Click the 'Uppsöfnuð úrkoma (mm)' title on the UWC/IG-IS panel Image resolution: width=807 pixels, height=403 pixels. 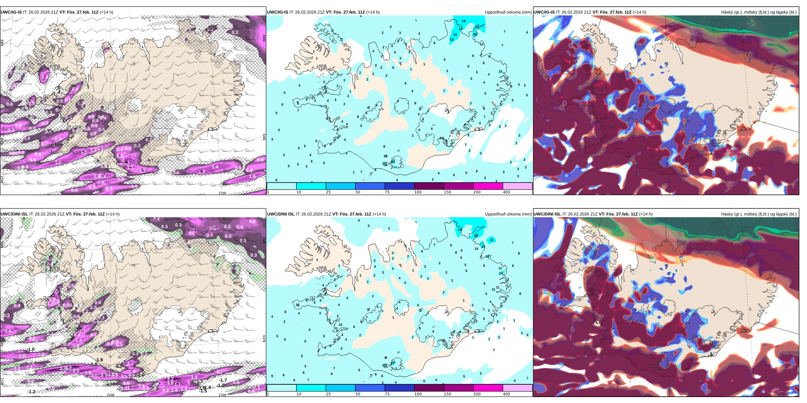[508, 12]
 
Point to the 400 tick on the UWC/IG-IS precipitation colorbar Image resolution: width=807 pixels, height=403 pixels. [506, 192]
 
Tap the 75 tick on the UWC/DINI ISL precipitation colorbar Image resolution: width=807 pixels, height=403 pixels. [387, 394]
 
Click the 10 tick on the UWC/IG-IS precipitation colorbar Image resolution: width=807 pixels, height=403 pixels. [299, 192]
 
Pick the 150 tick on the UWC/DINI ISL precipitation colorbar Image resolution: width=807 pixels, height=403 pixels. [447, 394]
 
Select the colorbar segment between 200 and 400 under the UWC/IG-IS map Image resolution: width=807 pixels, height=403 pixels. [517, 186]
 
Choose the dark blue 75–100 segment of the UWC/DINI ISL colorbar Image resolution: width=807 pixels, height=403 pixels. [399, 388]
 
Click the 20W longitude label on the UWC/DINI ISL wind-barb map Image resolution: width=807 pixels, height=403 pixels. [110, 395]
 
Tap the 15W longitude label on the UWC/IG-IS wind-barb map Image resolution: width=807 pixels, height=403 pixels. [222, 193]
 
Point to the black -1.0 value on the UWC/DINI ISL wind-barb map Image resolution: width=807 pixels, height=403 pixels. [31, 350]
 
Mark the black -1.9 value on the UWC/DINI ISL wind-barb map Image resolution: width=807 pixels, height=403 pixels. [99, 360]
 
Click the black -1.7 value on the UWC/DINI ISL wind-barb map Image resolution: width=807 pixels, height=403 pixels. [223, 381]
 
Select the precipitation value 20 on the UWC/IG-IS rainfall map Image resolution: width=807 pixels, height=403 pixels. [475, 34]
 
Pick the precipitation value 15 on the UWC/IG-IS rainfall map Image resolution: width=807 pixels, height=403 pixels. [477, 27]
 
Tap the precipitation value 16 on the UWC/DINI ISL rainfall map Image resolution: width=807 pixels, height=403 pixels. [460, 230]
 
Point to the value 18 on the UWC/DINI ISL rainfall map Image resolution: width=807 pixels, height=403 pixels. [488, 256]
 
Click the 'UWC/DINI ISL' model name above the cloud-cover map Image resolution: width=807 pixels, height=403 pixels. [547, 214]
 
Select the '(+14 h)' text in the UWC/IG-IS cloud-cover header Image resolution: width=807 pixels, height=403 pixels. [639, 12]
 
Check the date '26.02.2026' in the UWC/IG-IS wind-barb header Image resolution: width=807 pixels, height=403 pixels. [39, 12]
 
